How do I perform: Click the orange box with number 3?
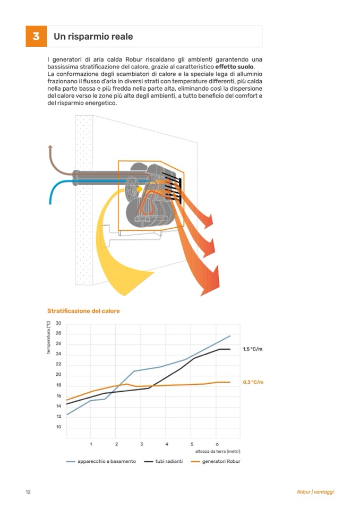(x=36, y=36)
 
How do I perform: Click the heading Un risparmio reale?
(x=93, y=37)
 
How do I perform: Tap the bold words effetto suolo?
(x=235, y=67)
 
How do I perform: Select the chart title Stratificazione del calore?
(x=83, y=310)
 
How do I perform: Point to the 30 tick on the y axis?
(x=58, y=323)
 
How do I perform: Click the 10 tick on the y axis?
(x=58, y=427)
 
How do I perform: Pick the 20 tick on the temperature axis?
(x=58, y=375)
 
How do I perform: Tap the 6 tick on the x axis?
(x=217, y=444)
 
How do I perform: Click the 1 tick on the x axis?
(x=91, y=444)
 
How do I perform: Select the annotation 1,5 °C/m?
(x=253, y=349)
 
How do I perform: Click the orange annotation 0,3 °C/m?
(x=253, y=382)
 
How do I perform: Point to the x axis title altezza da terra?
(x=218, y=451)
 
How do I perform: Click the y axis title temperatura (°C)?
(x=48, y=338)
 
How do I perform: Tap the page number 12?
(x=28, y=492)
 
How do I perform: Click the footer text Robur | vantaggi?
(x=315, y=492)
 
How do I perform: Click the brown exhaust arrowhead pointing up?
(x=50, y=148)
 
